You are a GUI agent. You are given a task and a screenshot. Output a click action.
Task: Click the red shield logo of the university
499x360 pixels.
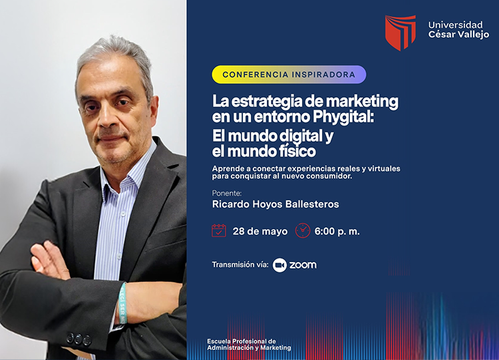pyautogui.click(x=400, y=33)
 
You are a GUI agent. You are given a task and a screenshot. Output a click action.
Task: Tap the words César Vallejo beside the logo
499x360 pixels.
pyautogui.click(x=458, y=35)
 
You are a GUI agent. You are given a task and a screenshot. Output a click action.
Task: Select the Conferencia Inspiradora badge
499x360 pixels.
pyautogui.click(x=289, y=75)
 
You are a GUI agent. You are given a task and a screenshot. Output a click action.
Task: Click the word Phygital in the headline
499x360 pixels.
pyautogui.click(x=343, y=117)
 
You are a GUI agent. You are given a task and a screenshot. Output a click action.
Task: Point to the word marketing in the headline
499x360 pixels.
pyautogui.click(x=363, y=102)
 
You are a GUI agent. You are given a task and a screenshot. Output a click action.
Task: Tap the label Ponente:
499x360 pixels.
pyautogui.click(x=227, y=193)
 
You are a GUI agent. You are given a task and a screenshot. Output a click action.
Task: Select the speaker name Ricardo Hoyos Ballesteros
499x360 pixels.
pyautogui.click(x=275, y=204)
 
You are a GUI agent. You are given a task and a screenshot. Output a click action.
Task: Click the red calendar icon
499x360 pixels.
pyautogui.click(x=219, y=230)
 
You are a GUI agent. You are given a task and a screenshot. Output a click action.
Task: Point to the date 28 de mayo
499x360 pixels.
pyautogui.click(x=260, y=231)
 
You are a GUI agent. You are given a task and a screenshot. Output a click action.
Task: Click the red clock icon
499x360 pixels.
pyautogui.click(x=303, y=230)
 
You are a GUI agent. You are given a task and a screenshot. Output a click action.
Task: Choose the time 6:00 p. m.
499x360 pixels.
pyautogui.click(x=337, y=231)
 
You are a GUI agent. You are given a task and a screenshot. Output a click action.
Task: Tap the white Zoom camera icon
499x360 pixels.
pyautogui.click(x=279, y=265)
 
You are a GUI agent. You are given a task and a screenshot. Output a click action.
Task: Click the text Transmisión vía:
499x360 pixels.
pyautogui.click(x=240, y=264)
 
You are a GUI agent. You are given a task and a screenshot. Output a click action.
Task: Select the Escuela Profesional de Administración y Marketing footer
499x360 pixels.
pyautogui.click(x=249, y=345)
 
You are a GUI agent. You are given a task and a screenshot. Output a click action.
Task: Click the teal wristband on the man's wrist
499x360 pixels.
pyautogui.click(x=123, y=303)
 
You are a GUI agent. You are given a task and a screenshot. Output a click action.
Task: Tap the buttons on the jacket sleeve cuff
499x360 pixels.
pyautogui.click(x=79, y=339)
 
